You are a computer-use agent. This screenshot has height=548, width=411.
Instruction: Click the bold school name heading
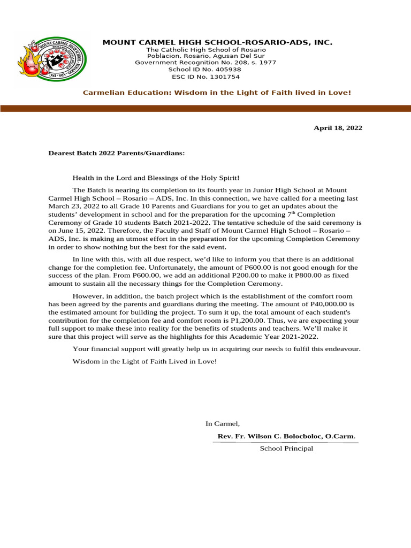217,42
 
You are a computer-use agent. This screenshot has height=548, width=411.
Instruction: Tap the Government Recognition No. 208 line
205,63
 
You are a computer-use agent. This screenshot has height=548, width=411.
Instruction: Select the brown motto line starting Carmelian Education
217,93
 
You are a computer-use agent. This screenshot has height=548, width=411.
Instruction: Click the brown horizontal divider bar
205,108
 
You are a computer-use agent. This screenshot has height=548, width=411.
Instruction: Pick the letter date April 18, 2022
337,128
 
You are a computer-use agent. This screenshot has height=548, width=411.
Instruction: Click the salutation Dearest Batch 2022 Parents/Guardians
117,153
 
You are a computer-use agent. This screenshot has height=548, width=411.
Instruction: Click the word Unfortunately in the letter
171,267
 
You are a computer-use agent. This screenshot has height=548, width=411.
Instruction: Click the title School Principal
286,448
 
